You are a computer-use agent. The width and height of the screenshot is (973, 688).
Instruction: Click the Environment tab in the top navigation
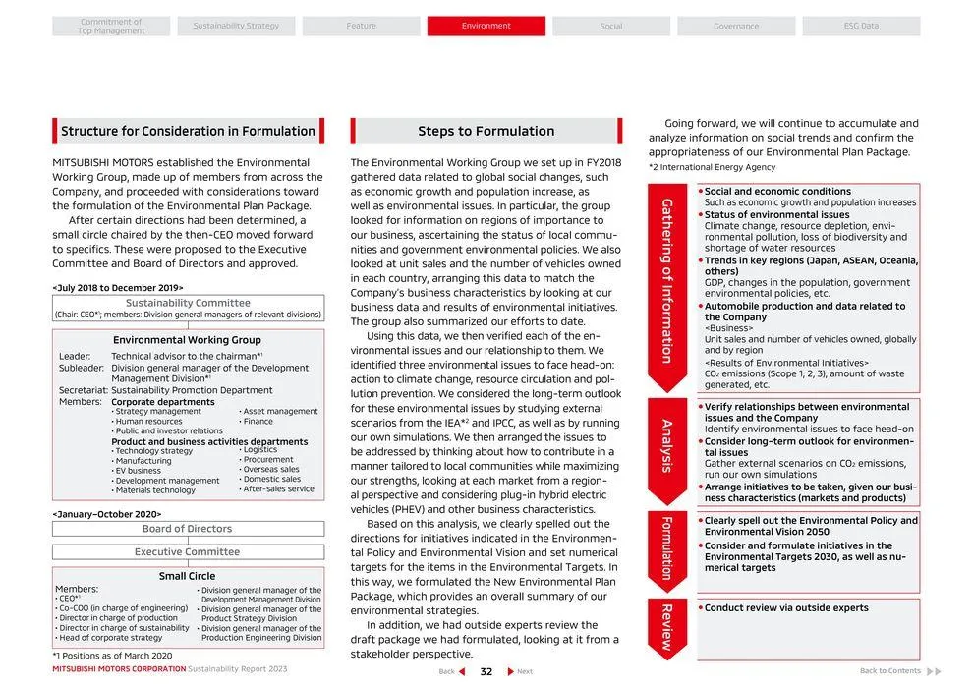pyautogui.click(x=486, y=26)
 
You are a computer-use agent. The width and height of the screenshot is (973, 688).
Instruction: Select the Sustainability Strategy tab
pyautogui.click(x=236, y=26)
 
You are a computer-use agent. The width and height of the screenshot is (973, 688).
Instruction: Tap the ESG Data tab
pyautogui.click(x=861, y=26)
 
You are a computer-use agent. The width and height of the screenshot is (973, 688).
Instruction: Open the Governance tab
pyautogui.click(x=736, y=27)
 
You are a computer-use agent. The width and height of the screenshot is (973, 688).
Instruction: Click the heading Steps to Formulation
pyautogui.click(x=486, y=131)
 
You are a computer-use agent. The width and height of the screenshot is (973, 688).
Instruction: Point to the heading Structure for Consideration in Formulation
pyautogui.click(x=188, y=131)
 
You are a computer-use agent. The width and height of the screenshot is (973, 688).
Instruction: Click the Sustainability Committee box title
pyautogui.click(x=188, y=303)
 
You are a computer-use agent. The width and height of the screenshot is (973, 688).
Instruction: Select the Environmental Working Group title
pyautogui.click(x=188, y=340)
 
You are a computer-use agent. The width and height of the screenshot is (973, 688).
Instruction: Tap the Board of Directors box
pyautogui.click(x=188, y=529)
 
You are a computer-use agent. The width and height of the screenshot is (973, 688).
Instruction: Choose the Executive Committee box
pyautogui.click(x=188, y=552)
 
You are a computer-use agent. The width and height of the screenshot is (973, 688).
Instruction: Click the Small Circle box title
pyautogui.click(x=188, y=576)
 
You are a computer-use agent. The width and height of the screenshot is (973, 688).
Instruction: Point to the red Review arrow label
pyautogui.click(x=667, y=628)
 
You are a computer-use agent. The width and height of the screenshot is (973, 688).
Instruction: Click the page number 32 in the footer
pyautogui.click(x=486, y=671)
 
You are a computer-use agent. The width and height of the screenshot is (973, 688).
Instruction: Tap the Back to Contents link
pyautogui.click(x=890, y=671)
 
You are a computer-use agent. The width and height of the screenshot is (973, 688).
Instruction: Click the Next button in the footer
pyautogui.click(x=520, y=671)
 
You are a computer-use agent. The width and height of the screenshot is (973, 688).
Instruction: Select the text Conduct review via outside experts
pyautogui.click(x=786, y=608)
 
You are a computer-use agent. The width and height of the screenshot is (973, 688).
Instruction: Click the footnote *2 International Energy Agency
pyautogui.click(x=712, y=167)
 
